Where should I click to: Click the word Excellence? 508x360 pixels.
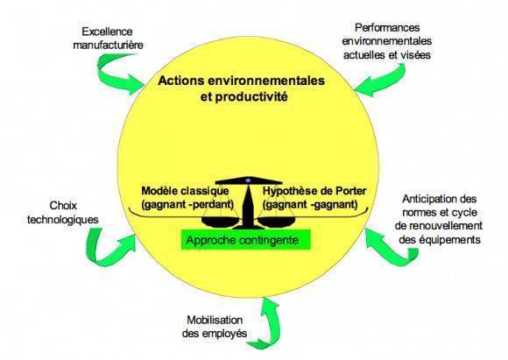(107, 32)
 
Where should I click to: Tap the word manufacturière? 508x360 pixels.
(109, 45)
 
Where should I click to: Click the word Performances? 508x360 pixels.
(387, 28)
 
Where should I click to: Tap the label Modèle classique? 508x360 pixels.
(185, 191)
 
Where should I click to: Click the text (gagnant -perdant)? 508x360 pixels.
(187, 205)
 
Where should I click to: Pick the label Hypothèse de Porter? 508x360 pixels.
(314, 191)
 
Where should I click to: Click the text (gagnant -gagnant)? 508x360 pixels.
(310, 205)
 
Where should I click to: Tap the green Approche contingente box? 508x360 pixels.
(246, 240)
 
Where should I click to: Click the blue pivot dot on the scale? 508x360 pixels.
(248, 180)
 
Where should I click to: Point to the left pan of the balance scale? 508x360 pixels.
(221, 222)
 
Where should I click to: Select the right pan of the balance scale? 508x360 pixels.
(277, 222)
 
